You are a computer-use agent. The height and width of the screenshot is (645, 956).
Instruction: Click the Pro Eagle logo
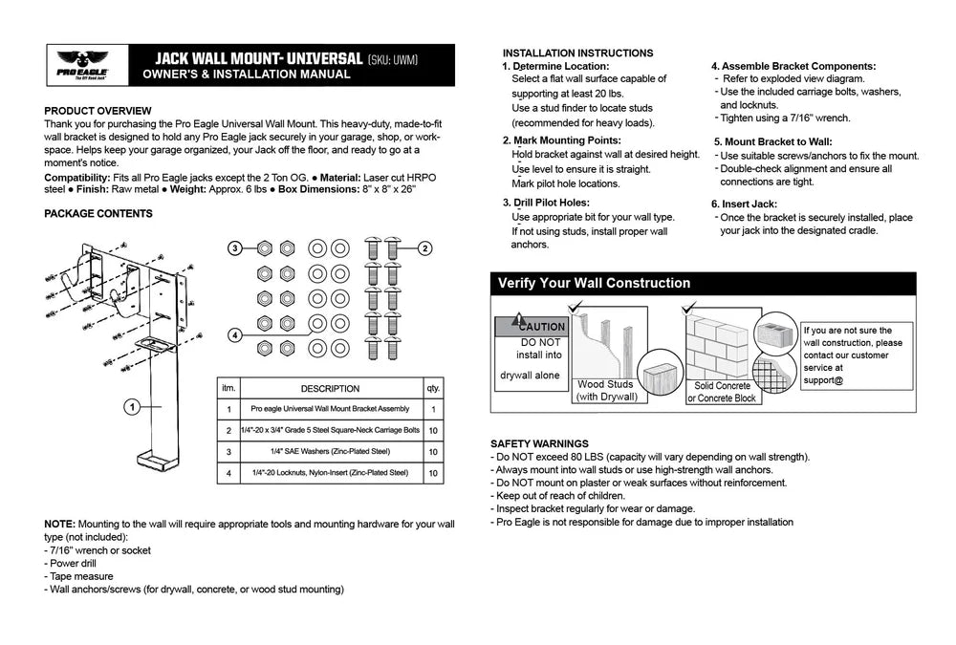82,64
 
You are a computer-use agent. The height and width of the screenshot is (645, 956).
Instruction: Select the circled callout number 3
235,248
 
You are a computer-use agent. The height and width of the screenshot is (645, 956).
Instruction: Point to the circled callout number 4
235,335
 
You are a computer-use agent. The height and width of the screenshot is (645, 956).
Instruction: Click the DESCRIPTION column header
330,389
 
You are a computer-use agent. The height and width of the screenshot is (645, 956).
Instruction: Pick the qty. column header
433,389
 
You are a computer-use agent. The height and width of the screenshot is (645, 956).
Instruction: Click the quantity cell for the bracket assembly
433,410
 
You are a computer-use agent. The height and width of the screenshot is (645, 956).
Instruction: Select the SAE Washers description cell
330,451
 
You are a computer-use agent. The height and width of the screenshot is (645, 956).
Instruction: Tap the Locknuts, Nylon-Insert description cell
330,472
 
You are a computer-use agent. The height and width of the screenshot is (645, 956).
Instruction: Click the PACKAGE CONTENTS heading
98,213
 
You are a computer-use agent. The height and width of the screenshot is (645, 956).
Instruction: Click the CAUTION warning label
541,327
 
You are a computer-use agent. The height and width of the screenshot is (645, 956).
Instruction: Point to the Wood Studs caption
605,384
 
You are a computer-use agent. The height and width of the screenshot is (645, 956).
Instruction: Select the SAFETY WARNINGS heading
539,443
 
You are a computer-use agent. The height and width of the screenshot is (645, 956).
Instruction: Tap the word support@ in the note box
824,380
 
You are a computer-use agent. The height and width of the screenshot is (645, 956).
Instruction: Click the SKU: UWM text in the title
393,60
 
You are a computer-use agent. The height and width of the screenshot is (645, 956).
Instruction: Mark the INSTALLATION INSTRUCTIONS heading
577,54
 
